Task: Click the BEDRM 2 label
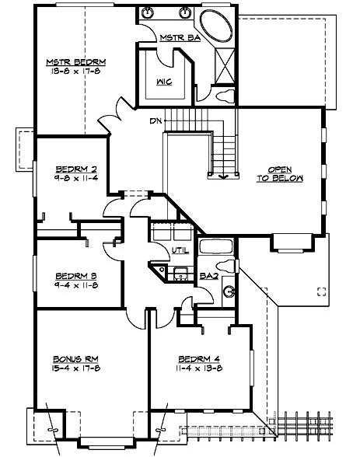pos(75,169)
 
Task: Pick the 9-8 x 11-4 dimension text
pos(75,178)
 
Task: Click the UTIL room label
pos(178,249)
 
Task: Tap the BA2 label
pos(207,274)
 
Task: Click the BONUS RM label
pos(75,358)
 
